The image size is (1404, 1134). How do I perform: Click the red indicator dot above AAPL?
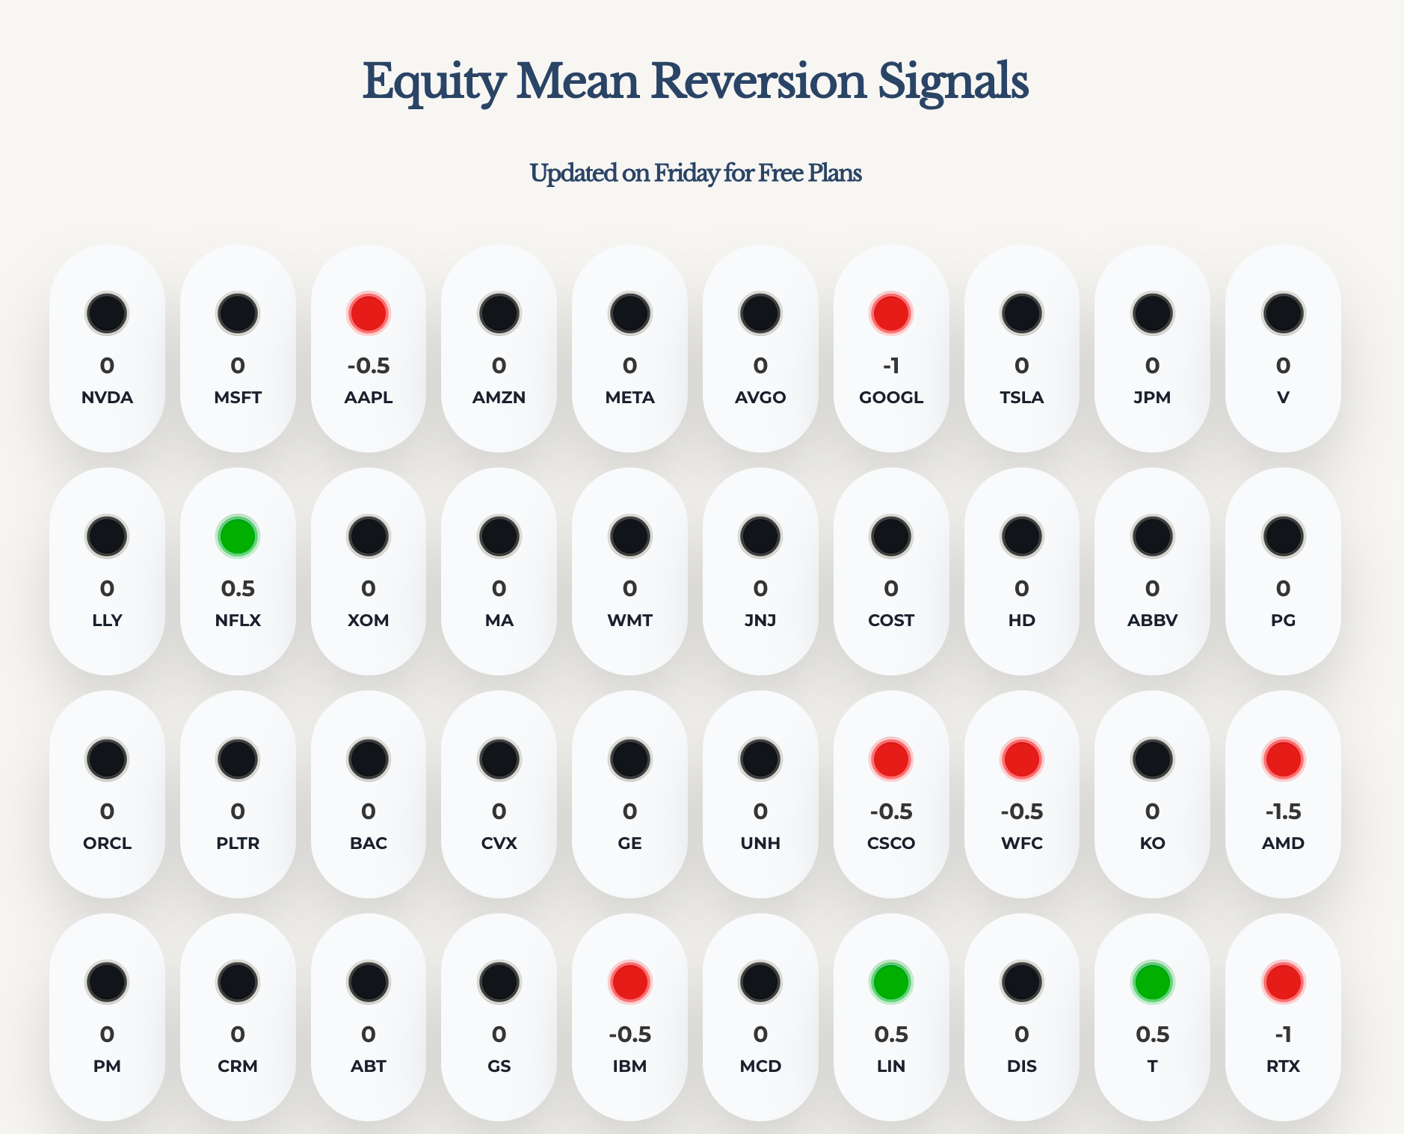[368, 313]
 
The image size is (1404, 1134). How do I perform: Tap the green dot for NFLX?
[238, 536]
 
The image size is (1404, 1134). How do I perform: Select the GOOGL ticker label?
[890, 397]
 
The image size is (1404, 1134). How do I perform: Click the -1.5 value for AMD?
[1283, 812]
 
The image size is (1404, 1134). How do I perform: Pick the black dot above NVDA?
[107, 313]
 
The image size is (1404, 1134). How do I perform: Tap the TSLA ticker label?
[1021, 397]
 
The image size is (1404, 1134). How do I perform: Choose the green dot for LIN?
[890, 982]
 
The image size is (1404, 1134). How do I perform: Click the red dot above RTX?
[1283, 982]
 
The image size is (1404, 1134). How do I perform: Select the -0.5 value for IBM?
[629, 1035]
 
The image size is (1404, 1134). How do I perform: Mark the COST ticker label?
[890, 620]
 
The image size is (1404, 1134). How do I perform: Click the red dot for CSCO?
[890, 759]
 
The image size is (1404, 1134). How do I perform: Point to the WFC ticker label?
[1021, 843]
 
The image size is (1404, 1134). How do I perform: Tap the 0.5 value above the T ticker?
[1152, 1035]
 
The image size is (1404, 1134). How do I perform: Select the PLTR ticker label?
[238, 843]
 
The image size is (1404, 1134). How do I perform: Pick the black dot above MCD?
[760, 982]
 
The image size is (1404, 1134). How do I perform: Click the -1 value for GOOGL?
[890, 366]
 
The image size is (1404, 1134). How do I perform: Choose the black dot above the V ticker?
[1283, 313]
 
